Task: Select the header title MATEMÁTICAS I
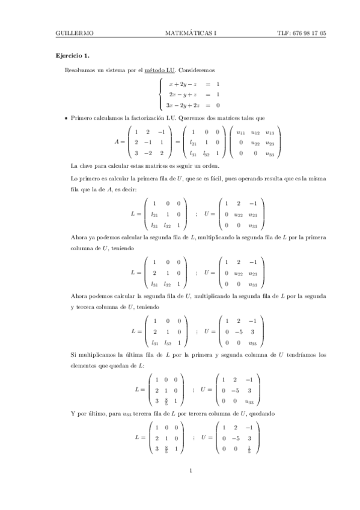point(190,34)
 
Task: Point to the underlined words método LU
point(157,71)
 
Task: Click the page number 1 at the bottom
point(190,471)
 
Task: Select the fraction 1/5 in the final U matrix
point(249,449)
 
